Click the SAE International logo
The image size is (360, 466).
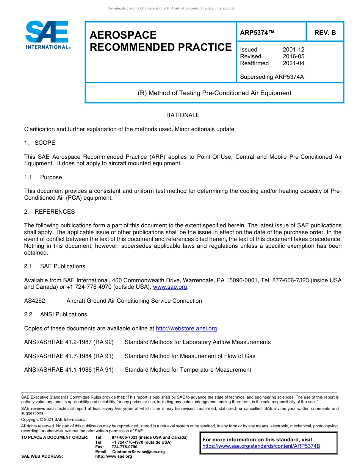(x=47, y=35)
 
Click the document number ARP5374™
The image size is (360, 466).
(x=257, y=33)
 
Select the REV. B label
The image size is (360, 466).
(x=325, y=33)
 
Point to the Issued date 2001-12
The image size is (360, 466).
(x=293, y=50)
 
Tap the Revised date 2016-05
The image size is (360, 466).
(x=293, y=56)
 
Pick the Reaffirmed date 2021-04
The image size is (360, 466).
(x=293, y=63)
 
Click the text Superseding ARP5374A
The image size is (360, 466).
(x=272, y=77)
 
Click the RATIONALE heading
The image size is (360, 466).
(x=183, y=115)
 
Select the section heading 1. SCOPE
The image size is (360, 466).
(x=39, y=143)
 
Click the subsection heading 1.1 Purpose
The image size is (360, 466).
(x=43, y=177)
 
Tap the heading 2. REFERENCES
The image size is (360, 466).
(x=49, y=212)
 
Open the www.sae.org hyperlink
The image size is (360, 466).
(x=170, y=287)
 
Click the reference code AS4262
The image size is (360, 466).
(x=34, y=301)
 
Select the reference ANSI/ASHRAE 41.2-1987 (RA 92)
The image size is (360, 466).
(x=69, y=342)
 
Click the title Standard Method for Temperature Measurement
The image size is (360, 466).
(x=188, y=370)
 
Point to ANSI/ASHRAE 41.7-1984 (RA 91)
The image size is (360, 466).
(x=69, y=356)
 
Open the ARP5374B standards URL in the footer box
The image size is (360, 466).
(x=261, y=446)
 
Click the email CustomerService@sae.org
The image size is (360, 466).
(x=138, y=452)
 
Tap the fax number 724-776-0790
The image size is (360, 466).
(x=124, y=447)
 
